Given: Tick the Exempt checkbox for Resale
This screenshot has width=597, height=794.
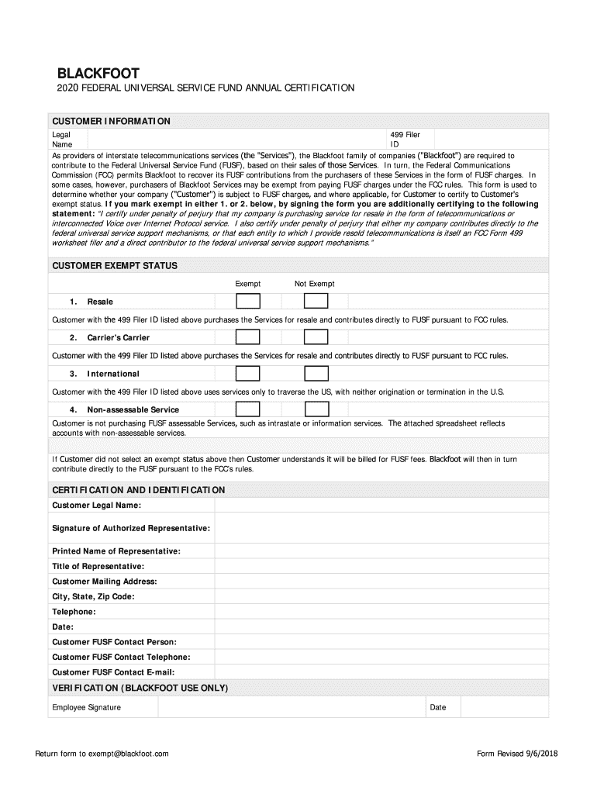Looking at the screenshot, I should [247, 301].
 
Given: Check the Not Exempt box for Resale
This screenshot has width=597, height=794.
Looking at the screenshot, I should [316, 301].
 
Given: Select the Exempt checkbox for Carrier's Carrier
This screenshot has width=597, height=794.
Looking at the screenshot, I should [247, 337].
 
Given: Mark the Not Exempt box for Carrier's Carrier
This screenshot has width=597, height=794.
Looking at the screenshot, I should [316, 337].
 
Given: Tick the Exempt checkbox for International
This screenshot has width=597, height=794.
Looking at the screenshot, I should [247, 374].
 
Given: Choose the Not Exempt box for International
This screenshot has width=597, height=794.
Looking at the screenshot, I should [316, 374].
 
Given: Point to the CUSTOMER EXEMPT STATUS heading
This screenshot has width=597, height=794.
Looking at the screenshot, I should [115, 265].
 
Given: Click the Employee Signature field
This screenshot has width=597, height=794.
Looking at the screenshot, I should [292, 707].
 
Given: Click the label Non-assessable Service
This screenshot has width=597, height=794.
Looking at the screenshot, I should [133, 409].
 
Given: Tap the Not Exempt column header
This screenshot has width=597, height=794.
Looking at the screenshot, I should [314, 284].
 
